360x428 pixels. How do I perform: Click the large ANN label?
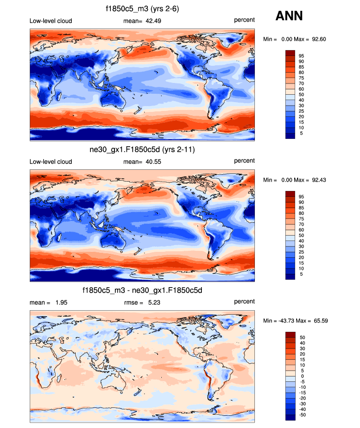[289, 16]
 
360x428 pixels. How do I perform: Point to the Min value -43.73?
[285, 321]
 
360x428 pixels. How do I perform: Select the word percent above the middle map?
[244, 161]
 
